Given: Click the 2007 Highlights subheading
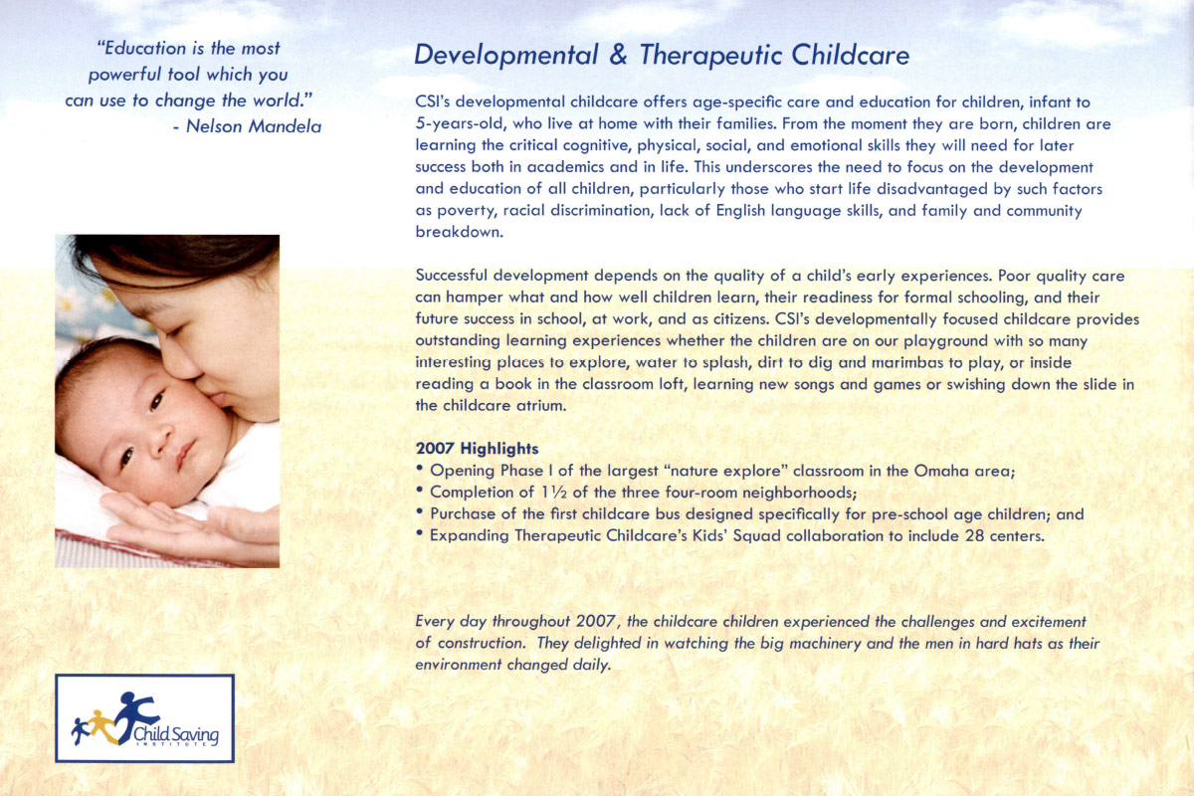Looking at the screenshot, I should [477, 449].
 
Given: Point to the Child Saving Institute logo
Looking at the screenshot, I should [144, 718].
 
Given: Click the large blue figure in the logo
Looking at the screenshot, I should [134, 711].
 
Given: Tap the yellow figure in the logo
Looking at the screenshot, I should [99, 721].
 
